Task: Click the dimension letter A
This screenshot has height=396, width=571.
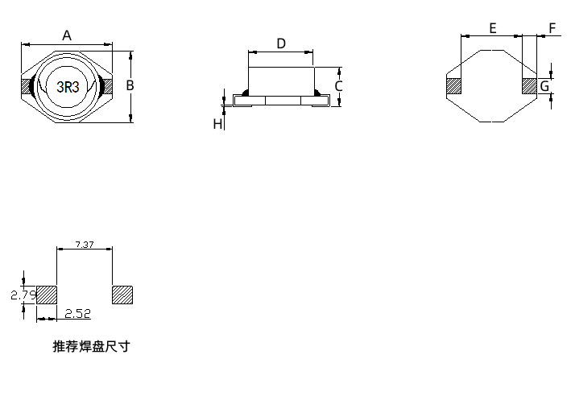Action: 68,35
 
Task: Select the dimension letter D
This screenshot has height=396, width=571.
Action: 281,43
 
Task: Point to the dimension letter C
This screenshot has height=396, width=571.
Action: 339,85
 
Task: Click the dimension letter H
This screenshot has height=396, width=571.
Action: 217,123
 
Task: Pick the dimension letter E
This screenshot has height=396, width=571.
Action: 492,28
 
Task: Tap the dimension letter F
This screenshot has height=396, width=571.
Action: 552,28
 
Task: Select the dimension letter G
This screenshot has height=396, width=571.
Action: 544,85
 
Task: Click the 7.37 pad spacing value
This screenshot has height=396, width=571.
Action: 84,243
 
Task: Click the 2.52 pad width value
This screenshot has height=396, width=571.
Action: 78,312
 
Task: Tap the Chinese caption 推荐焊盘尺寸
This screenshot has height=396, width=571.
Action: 90,347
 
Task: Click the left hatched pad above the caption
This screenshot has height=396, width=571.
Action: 48,295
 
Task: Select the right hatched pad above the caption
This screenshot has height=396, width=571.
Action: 122,295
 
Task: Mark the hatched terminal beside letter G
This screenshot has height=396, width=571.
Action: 529,85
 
